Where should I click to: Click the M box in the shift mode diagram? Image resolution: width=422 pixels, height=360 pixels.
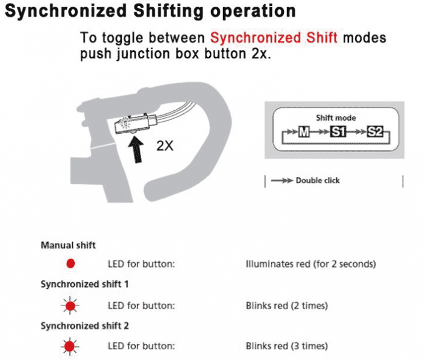(x=304, y=132)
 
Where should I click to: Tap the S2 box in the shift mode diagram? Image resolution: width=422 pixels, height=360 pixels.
(x=375, y=132)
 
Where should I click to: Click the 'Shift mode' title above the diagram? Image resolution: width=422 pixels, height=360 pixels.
(x=336, y=118)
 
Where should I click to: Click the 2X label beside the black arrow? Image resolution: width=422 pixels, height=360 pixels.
(x=165, y=146)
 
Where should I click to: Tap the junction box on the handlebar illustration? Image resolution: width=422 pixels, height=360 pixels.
(x=134, y=124)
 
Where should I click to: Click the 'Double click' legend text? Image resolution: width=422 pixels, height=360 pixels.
(x=318, y=180)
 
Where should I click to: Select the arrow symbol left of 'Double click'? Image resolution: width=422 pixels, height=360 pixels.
(x=282, y=180)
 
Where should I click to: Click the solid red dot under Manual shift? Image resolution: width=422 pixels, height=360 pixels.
(x=71, y=264)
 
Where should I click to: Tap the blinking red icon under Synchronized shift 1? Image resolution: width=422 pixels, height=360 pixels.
(x=71, y=306)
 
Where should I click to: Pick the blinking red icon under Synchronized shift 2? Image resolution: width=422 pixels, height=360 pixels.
(x=70, y=346)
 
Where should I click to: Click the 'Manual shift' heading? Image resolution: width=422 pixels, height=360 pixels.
(x=68, y=245)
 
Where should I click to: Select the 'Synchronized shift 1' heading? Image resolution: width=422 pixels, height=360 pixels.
(x=84, y=284)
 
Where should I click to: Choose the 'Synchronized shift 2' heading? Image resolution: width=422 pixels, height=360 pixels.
(x=84, y=326)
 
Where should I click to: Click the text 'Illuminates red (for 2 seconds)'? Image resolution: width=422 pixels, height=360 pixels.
(x=311, y=264)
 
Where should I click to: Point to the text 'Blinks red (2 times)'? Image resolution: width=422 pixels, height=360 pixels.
(x=287, y=306)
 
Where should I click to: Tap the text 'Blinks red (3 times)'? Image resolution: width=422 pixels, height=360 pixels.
(x=287, y=346)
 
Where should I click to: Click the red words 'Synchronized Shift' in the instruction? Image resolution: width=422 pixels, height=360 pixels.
(x=274, y=37)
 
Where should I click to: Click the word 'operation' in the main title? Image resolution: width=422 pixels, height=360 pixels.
(x=253, y=11)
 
